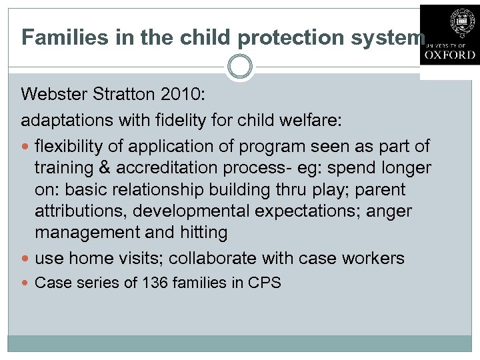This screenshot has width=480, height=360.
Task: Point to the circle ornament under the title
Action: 240,67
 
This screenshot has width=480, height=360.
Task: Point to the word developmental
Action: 191,211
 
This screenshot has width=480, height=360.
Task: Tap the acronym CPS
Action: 265,283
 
